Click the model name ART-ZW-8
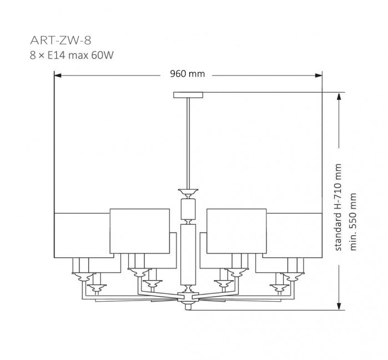(61, 40)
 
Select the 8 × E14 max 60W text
(72, 55)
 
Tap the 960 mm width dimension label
(187, 74)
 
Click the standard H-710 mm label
(338, 207)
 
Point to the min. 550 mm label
(353, 221)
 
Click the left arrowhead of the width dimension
(58, 75)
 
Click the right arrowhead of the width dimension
(319, 75)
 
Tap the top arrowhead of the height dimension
(339, 96)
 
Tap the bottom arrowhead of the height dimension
(339, 306)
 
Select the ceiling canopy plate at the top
(188, 95)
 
